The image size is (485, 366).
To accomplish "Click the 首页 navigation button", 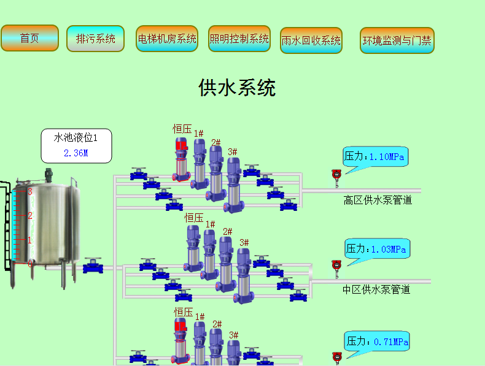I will pos(29,38).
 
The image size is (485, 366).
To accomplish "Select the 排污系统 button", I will pos(95,39).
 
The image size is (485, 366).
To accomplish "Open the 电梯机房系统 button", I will pos(167,39).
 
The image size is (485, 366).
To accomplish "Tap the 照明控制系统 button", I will pos(239,39).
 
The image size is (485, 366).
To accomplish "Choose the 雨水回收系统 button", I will pos(311,40).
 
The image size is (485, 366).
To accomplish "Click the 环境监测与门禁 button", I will pos(397,40).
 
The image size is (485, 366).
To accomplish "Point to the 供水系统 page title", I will pos(237,88).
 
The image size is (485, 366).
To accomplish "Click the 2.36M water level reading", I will pos(76,153).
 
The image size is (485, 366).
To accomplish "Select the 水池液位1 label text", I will pos(76,138).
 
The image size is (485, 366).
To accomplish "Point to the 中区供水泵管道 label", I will pos(376,289).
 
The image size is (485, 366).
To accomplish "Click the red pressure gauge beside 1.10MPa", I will pos(336,175).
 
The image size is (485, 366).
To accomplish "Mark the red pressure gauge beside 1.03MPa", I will pos(336,265).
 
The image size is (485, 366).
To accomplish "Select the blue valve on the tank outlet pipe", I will pos(93,265).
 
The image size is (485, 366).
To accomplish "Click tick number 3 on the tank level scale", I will pos(29,192).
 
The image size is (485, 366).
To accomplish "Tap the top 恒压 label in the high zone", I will pos(182,128).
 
